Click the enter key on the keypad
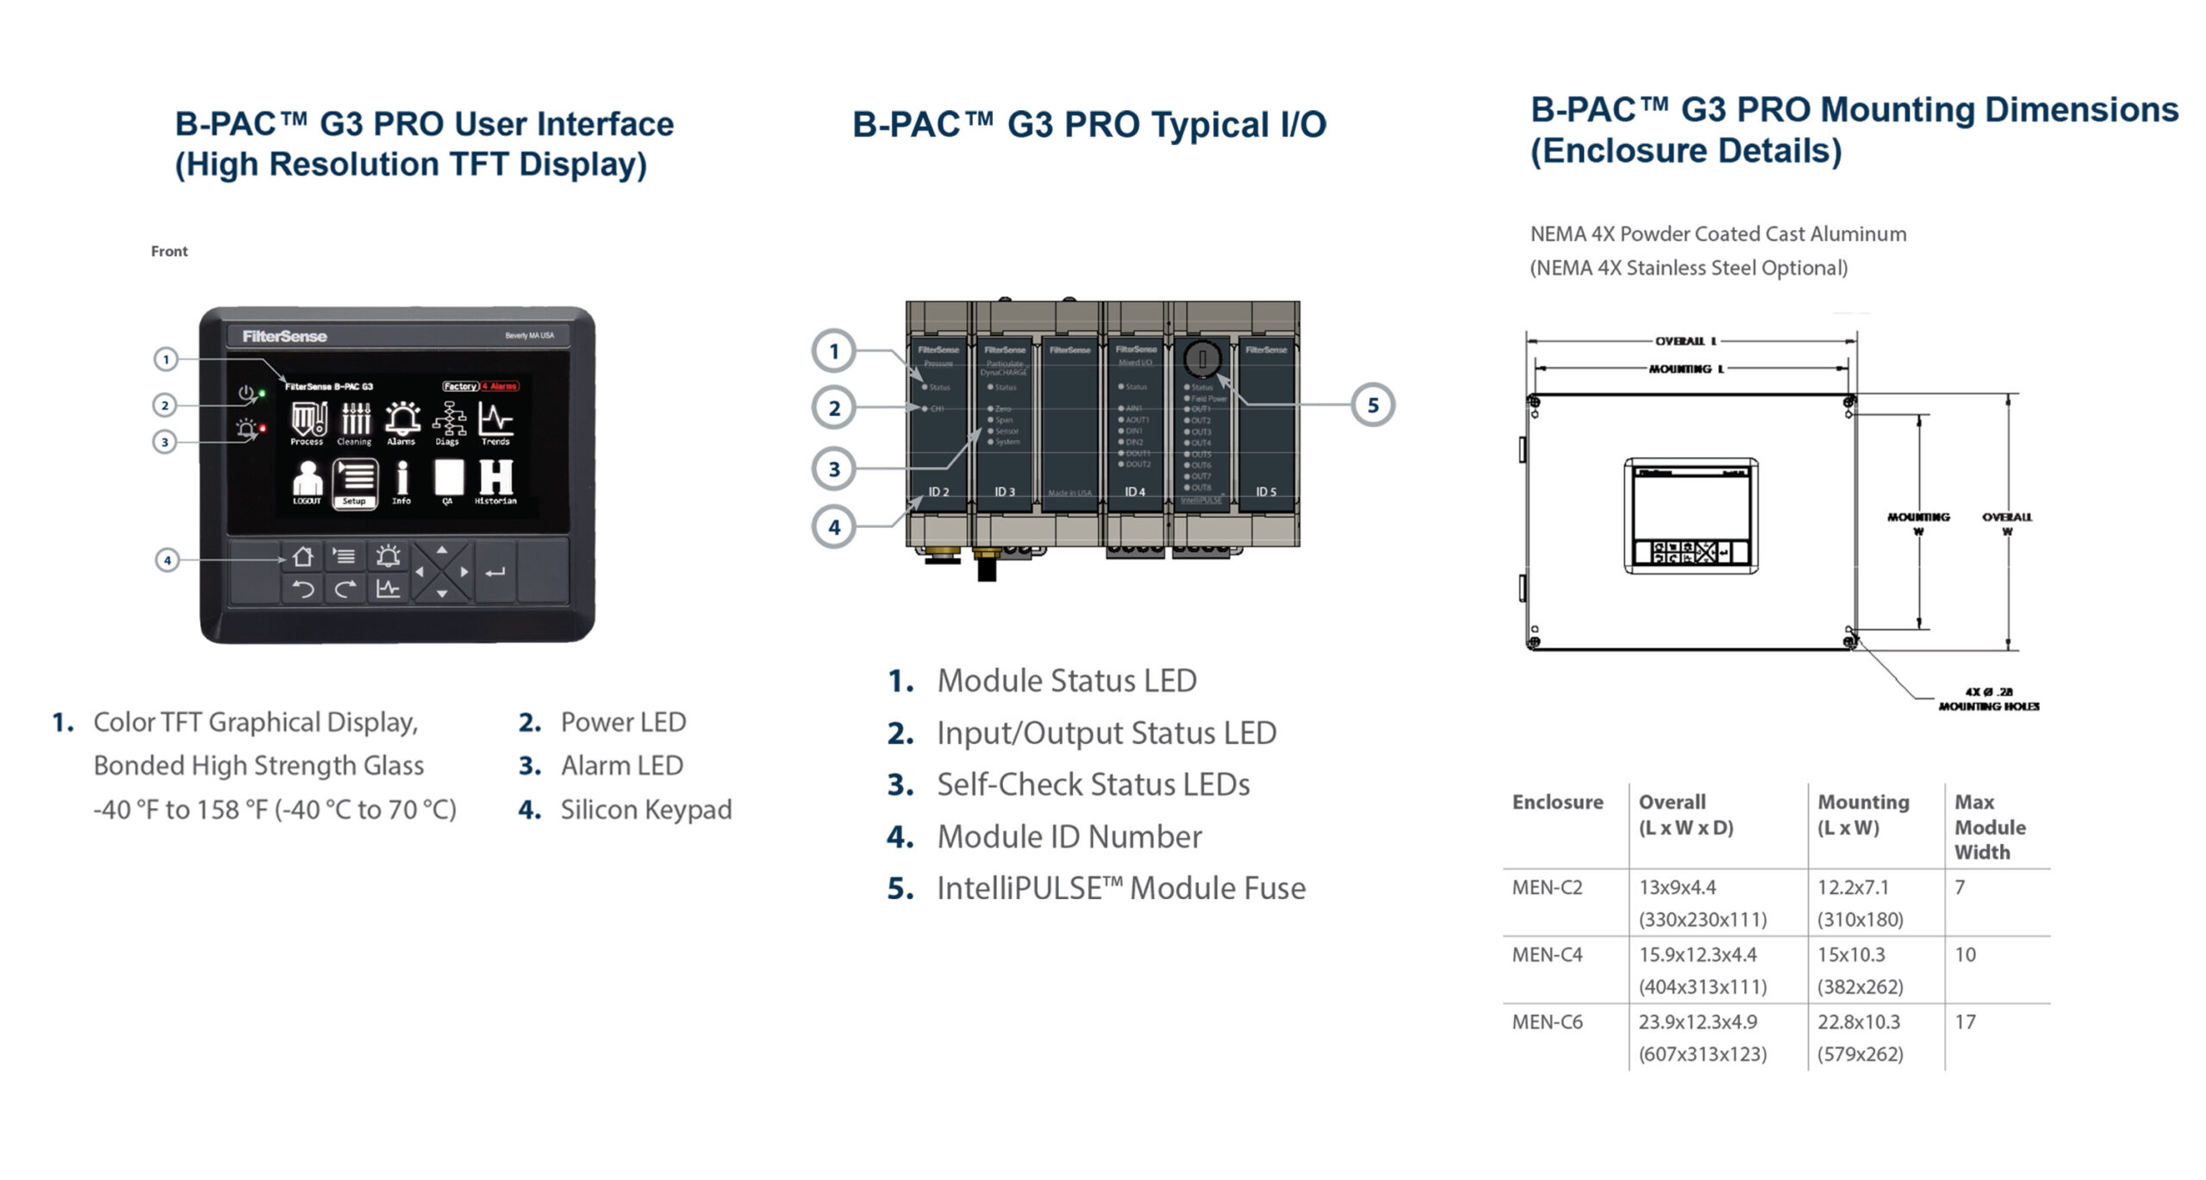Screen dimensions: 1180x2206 pyautogui.click(x=495, y=572)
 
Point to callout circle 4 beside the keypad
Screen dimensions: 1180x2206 pyautogui.click(x=167, y=560)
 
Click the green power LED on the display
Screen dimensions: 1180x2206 pyautogui.click(x=262, y=394)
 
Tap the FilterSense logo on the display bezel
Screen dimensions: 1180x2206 pyautogui.click(x=284, y=337)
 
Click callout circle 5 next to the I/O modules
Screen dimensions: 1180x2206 pyautogui.click(x=1372, y=406)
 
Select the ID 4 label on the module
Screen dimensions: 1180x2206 pyautogui.click(x=1135, y=492)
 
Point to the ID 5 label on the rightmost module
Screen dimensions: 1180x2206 pyautogui.click(x=1265, y=492)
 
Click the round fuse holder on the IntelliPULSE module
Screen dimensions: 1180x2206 pyautogui.click(x=1201, y=359)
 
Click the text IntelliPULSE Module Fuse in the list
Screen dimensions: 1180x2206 pyautogui.click(x=1120, y=888)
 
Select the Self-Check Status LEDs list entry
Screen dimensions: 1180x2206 pyautogui.click(x=1093, y=785)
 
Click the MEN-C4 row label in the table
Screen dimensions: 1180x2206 pyautogui.click(x=1547, y=954)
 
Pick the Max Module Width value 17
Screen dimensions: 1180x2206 pyautogui.click(x=1965, y=1022)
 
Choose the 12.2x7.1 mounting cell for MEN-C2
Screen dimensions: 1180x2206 pyautogui.click(x=1853, y=887)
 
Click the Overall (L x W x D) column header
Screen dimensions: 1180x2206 pyautogui.click(x=1685, y=814)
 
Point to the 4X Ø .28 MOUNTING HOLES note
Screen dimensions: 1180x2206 pyautogui.click(x=1988, y=699)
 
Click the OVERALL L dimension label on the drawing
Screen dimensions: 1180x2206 pyautogui.click(x=1686, y=341)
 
